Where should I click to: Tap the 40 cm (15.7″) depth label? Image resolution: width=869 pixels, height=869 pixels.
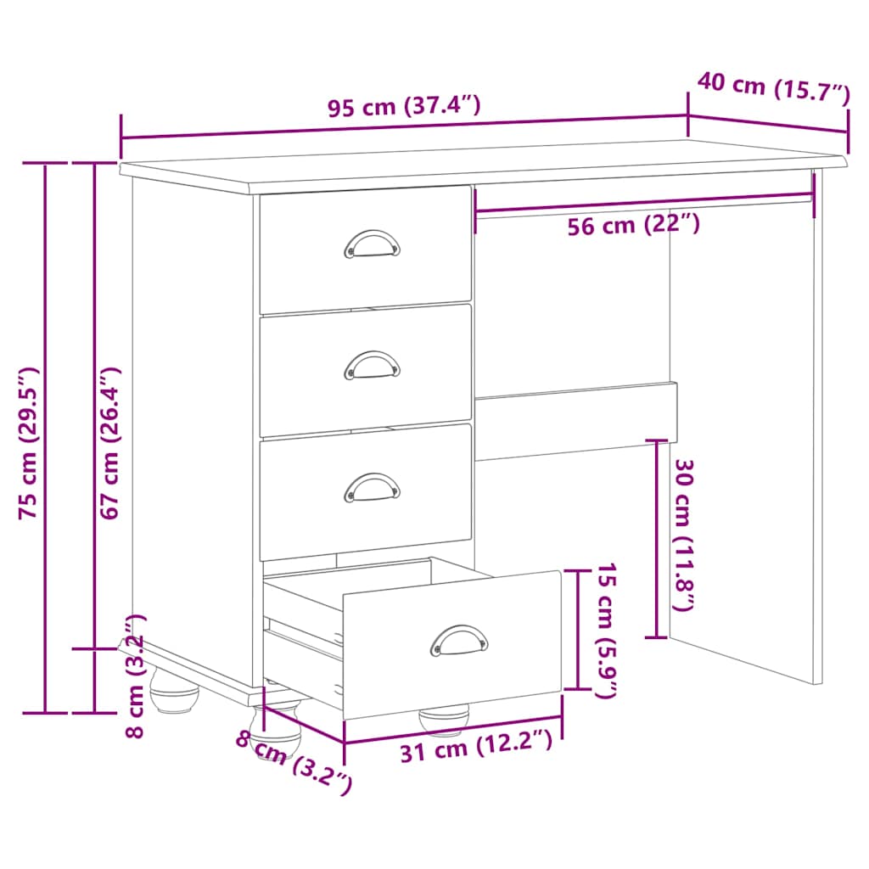(773, 87)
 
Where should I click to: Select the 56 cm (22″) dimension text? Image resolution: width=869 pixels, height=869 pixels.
(633, 225)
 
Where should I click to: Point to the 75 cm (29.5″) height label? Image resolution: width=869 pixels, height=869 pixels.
(29, 442)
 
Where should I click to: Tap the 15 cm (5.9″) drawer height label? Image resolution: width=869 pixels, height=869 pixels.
(604, 630)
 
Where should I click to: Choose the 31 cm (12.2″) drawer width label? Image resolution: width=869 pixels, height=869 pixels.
(476, 748)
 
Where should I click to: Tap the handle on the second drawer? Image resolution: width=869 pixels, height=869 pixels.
(372, 365)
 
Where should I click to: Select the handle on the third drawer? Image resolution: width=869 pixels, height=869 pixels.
(372, 487)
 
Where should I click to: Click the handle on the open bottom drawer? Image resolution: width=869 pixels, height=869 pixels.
(459, 640)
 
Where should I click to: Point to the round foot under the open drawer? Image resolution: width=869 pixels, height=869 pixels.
(444, 720)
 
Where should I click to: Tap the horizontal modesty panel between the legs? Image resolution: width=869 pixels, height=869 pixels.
(575, 421)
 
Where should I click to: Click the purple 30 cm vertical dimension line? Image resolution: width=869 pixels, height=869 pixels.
(657, 538)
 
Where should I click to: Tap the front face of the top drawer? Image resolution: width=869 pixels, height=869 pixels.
(365, 272)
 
